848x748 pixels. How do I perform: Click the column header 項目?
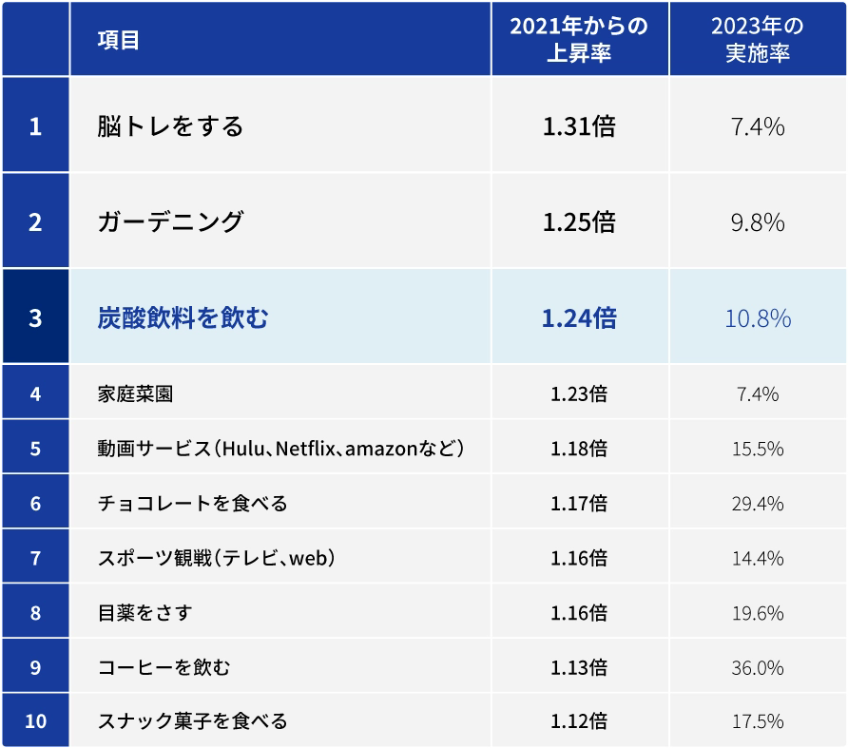(119, 39)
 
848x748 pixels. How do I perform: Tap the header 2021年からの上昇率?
(579, 39)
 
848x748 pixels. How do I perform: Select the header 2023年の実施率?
(757, 39)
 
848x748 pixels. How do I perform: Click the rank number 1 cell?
(35, 125)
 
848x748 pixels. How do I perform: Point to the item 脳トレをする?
(170, 125)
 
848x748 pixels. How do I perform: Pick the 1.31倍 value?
(579, 125)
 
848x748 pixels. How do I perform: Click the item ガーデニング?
(170, 221)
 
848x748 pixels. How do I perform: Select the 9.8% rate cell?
(758, 221)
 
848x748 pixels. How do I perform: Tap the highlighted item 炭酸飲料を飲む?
(183, 317)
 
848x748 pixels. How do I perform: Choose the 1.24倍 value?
(579, 317)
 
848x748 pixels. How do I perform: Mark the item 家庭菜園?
(135, 393)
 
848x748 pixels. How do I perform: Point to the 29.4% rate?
(758, 503)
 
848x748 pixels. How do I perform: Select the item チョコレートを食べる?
(192, 503)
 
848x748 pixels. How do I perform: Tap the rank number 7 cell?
(35, 557)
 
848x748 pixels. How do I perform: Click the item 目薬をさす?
(145, 612)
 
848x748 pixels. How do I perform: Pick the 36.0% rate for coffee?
(758, 667)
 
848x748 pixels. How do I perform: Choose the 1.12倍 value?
(579, 721)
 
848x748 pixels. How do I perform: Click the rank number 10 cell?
(35, 721)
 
